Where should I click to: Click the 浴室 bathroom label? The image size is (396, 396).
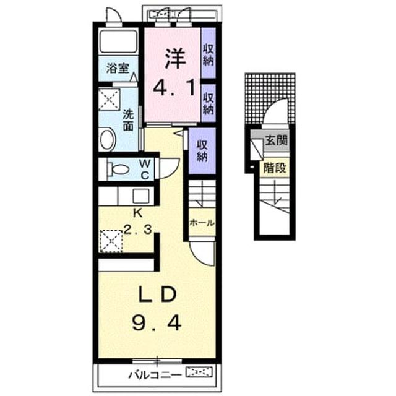pos(118,68)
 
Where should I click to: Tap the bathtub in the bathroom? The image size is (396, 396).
pos(118,41)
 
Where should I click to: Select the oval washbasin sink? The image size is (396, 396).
pos(108,140)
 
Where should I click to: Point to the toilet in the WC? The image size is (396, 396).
pos(118,169)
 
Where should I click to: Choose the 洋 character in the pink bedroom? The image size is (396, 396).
pos(175,59)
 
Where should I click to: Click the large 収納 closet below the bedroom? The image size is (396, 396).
pos(202,151)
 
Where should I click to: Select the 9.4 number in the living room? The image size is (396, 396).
pos(157,324)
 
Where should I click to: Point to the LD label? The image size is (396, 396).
pos(158,295)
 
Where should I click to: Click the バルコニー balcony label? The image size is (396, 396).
pos(155,375)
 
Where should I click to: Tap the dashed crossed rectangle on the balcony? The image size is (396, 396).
pos(199,372)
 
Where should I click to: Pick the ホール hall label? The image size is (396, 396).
pos(202,223)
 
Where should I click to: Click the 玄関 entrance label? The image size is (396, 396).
pos(277,140)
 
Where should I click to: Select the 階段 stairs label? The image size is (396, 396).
pos(275,168)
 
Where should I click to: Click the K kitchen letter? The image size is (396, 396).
pos(138,213)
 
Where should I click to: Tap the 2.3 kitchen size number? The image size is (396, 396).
pos(137,230)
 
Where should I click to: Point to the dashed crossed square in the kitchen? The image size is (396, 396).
pos(111,241)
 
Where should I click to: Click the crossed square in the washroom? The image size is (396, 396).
pos(109,99)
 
